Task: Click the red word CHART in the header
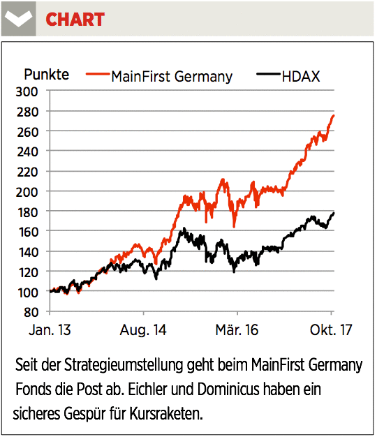(x=75, y=20)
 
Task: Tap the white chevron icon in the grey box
(x=18, y=18)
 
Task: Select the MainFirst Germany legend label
(x=172, y=76)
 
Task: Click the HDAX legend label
(x=301, y=76)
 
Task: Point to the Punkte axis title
(x=47, y=75)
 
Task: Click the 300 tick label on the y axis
(x=27, y=91)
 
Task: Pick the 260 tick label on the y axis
(x=27, y=132)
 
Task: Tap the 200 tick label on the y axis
(x=27, y=192)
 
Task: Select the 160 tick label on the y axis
(x=28, y=232)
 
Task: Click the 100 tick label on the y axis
(x=28, y=292)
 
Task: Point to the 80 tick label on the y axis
(x=31, y=313)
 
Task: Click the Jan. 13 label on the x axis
(x=50, y=330)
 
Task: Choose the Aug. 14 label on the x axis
(x=143, y=330)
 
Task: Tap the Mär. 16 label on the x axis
(x=237, y=330)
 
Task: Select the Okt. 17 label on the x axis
(x=331, y=330)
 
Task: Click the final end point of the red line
(x=333, y=115)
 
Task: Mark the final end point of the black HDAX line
(x=333, y=214)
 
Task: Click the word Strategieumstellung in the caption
(x=124, y=365)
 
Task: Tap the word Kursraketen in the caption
(x=166, y=413)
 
